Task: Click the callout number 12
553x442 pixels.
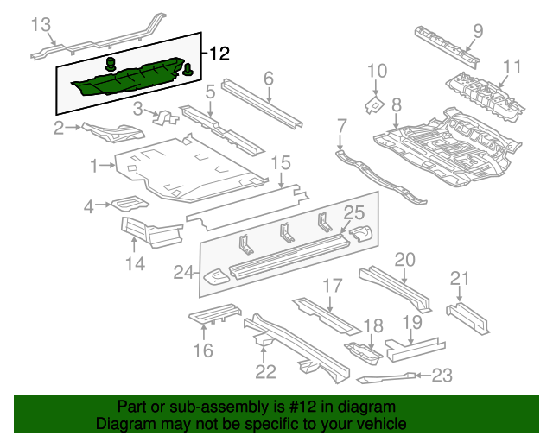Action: tap(219, 54)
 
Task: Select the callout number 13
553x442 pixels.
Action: tap(41, 24)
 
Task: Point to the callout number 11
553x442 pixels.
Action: tap(512, 66)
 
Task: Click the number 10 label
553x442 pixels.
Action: tap(378, 72)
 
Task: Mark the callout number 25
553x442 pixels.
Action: tap(354, 212)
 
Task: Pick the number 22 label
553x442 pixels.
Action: tap(265, 372)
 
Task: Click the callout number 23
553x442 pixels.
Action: tap(442, 375)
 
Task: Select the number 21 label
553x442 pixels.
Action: tap(460, 278)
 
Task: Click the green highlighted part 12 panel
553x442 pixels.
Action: tap(130, 79)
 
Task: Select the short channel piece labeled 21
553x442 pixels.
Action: tap(468, 317)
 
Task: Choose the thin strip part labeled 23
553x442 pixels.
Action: tap(385, 377)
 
